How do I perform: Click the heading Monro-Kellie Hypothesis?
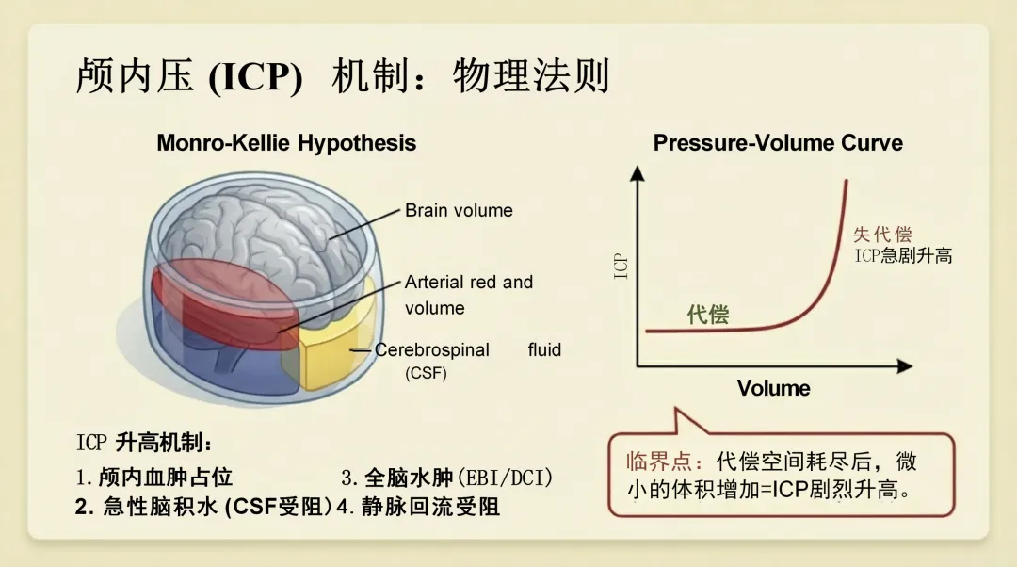(x=285, y=143)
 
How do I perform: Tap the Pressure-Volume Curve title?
(x=778, y=143)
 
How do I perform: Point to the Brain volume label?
(x=459, y=210)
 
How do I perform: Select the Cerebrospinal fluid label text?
(x=468, y=349)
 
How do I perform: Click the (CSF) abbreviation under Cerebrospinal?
(x=426, y=373)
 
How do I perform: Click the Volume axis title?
(x=773, y=388)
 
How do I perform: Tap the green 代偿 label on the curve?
(x=708, y=314)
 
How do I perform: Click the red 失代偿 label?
(x=882, y=235)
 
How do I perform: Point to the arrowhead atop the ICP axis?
(x=638, y=173)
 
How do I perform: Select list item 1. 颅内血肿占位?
(x=154, y=477)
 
